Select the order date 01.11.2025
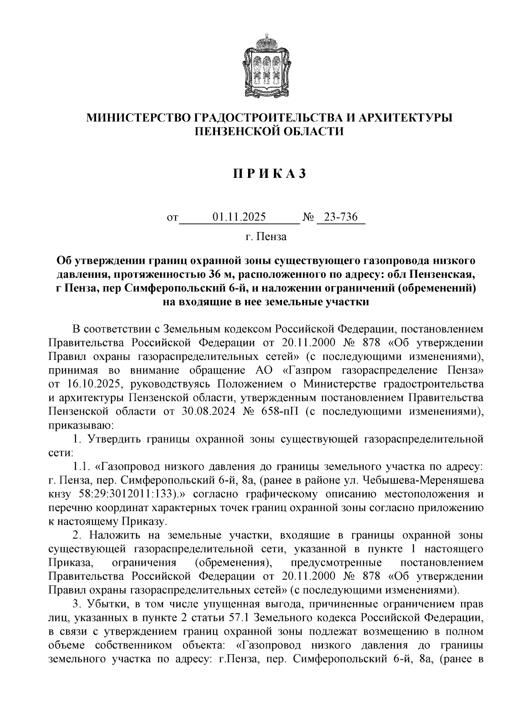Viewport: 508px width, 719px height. (239, 217)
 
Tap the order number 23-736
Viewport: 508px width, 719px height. (340, 217)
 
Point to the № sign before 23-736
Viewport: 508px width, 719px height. (308, 218)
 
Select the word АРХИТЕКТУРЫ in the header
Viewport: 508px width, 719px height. (405, 118)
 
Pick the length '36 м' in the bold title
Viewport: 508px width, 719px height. (218, 274)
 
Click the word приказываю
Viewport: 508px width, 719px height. (80, 425)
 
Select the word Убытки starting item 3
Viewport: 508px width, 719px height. (103, 604)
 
